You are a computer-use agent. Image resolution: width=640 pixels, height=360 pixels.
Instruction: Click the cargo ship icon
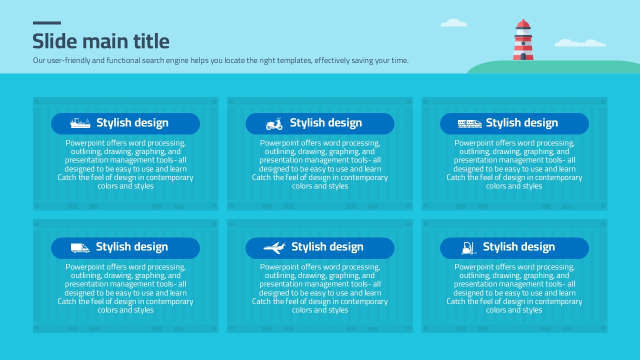click(80, 123)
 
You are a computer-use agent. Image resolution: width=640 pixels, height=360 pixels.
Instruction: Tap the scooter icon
click(274, 124)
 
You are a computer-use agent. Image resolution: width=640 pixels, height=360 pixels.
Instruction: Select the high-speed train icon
click(469, 123)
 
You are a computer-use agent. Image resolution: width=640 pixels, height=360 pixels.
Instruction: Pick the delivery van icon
click(80, 248)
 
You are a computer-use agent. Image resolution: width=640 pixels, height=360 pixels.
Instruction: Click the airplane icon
click(274, 247)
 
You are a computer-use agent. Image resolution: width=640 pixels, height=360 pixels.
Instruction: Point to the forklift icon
click(469, 248)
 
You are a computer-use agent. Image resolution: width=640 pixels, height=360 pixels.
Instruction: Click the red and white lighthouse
click(523, 39)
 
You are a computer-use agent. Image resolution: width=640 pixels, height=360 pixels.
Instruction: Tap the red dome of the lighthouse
click(523, 23)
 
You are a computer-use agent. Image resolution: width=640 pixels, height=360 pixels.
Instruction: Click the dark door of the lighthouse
click(523, 56)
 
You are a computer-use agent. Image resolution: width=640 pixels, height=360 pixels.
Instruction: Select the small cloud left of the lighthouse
click(453, 23)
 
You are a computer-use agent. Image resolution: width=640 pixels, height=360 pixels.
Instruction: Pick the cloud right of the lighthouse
click(580, 43)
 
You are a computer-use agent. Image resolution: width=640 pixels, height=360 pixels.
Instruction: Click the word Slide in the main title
click(55, 41)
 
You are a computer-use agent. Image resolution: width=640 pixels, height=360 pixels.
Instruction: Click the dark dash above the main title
click(47, 23)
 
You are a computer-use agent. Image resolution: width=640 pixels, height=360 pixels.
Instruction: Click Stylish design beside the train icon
click(521, 123)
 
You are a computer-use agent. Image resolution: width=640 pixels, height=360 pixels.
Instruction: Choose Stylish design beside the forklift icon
click(519, 247)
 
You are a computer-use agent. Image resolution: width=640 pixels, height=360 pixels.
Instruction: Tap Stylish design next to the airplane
click(327, 247)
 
